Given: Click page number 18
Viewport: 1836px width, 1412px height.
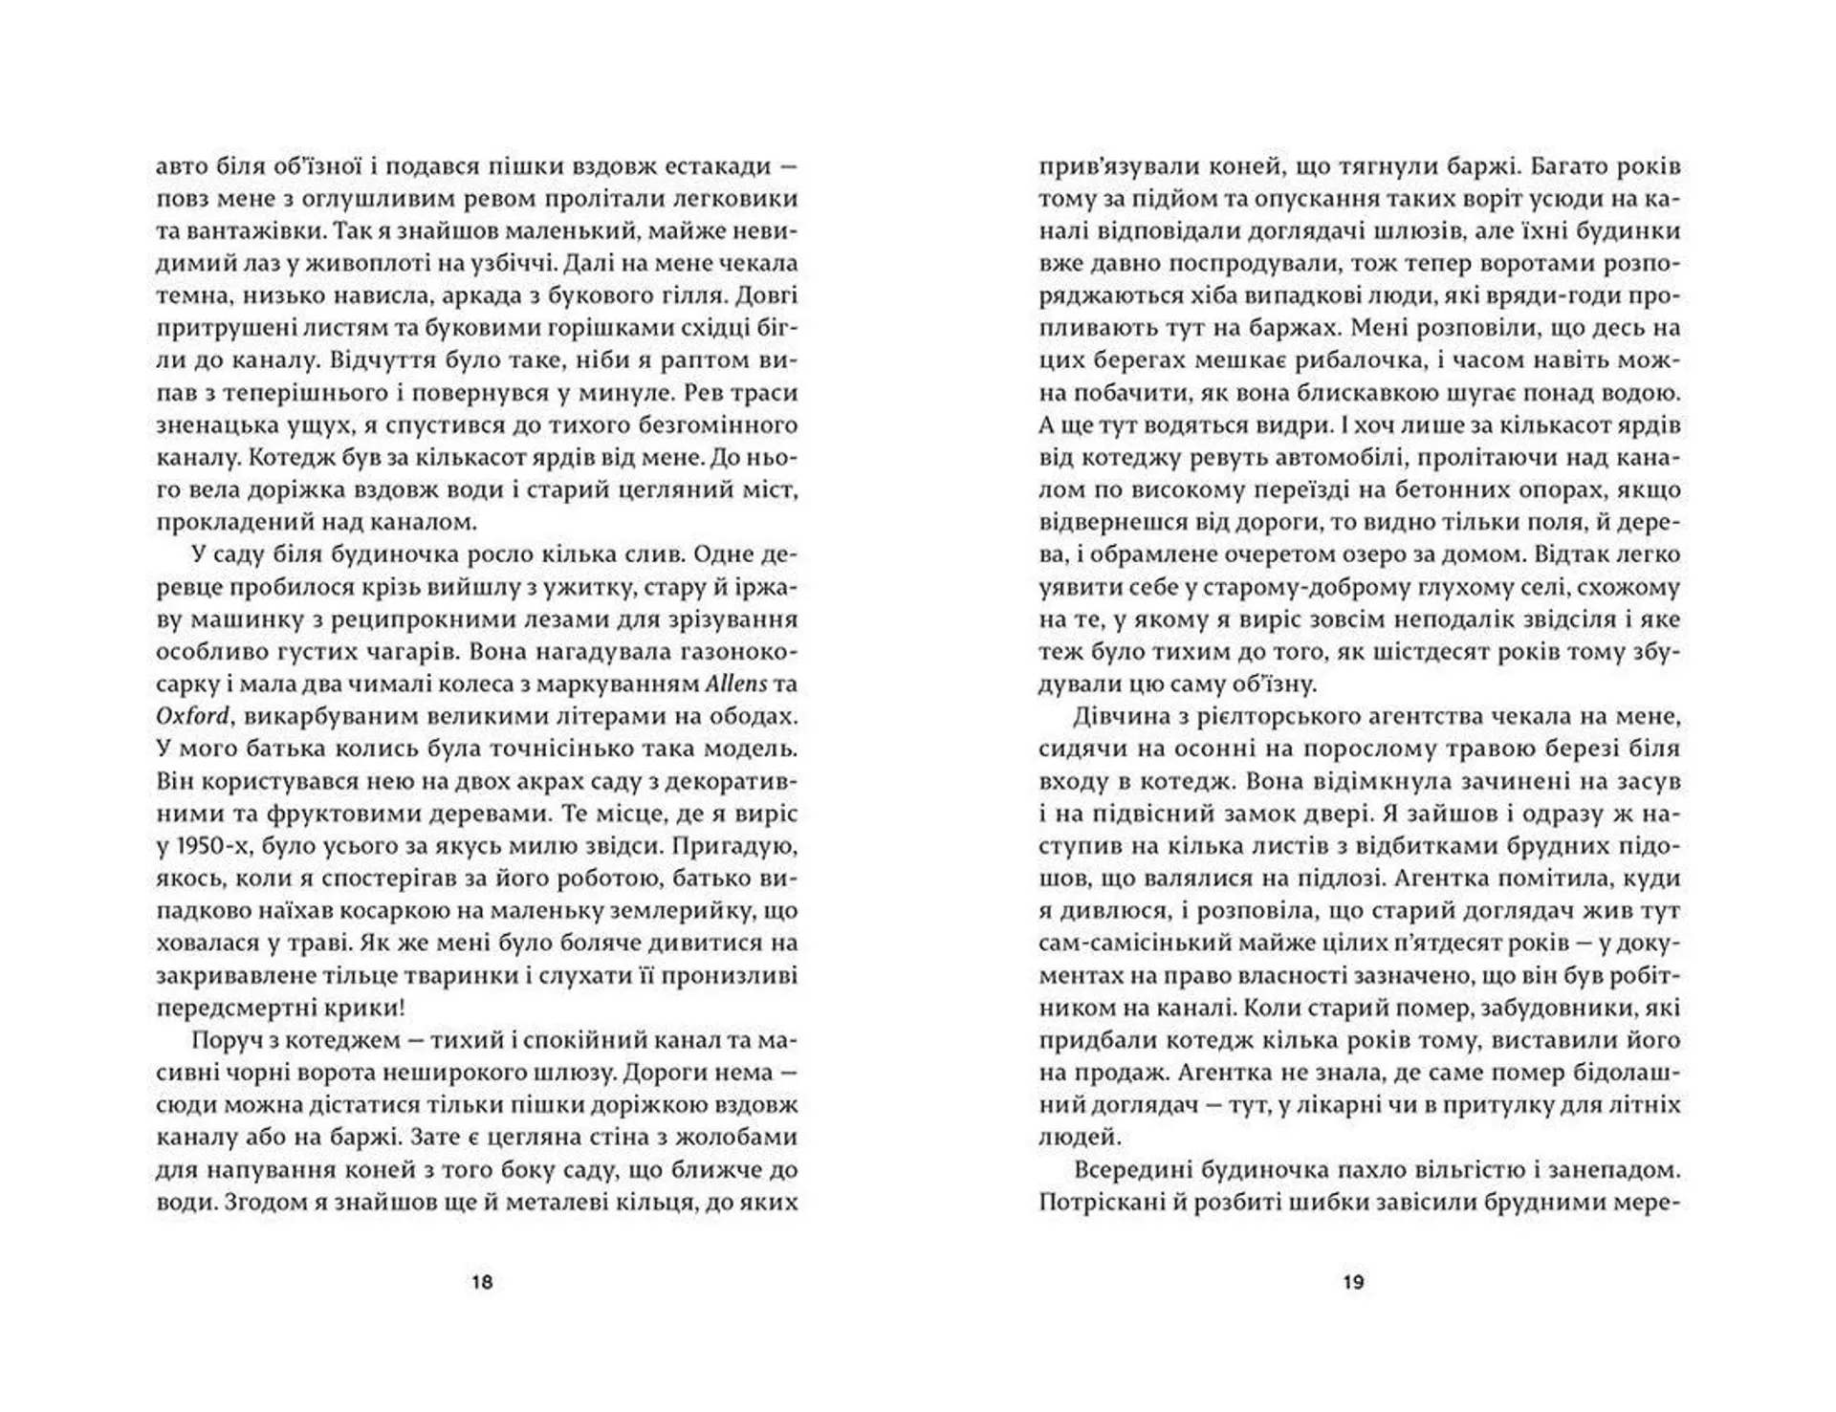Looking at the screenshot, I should tap(482, 1282).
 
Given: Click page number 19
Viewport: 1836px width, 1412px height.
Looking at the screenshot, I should tap(1353, 1282).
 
